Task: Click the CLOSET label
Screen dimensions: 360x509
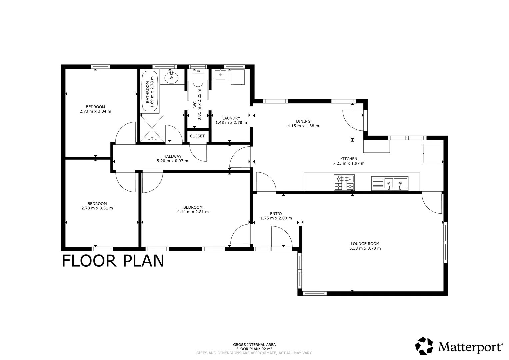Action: tap(197, 136)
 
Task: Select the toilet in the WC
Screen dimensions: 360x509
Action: tap(198, 79)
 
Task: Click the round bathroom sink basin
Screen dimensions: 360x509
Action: tap(171, 78)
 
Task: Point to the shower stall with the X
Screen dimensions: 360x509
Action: tap(152, 128)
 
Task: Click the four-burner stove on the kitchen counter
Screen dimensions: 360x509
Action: tap(344, 183)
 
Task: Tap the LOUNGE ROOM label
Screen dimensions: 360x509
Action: tap(365, 244)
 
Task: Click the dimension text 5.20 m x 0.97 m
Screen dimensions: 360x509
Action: tap(172, 161)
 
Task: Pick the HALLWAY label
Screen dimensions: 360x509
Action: tap(172, 156)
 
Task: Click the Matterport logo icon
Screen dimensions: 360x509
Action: tap(424, 346)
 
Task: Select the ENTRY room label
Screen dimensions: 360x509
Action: tap(276, 214)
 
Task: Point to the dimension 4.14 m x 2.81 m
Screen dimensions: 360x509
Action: tap(193, 212)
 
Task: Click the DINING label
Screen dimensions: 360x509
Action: tap(303, 121)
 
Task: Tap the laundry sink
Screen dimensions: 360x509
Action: tap(220, 75)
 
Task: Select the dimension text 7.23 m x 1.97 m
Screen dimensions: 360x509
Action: tap(349, 163)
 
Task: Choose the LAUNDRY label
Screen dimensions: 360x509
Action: tap(231, 118)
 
